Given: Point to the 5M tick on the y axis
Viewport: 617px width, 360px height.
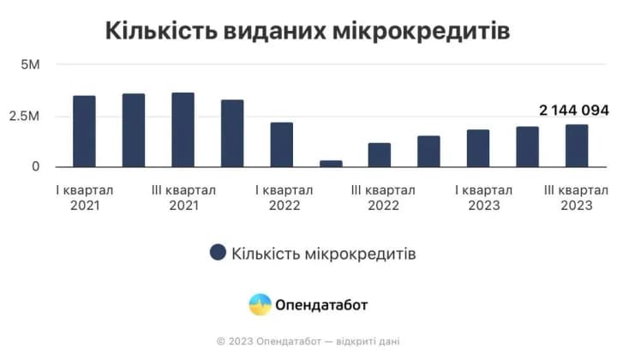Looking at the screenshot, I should click(x=30, y=64).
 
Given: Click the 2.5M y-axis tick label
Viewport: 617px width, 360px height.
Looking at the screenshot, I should click(x=25, y=116).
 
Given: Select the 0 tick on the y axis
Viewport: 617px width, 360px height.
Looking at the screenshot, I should click(x=36, y=166).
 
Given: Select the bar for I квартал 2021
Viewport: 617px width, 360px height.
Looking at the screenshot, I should click(x=84, y=131).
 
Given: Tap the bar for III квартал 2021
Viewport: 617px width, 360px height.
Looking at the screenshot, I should click(x=183, y=129).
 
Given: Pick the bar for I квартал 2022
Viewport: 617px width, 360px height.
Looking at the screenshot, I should click(x=282, y=145).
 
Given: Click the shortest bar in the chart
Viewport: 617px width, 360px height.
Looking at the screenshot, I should click(x=331, y=163).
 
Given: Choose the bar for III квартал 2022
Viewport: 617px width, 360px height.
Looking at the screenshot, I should click(x=380, y=155).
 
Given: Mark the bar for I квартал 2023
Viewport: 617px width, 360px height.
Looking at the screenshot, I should click(x=478, y=148).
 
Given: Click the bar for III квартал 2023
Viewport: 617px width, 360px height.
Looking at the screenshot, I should click(x=577, y=146).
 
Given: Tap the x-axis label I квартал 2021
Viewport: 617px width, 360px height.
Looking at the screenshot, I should click(x=84, y=197).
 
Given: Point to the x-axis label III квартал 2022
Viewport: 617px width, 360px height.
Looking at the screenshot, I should click(x=383, y=197).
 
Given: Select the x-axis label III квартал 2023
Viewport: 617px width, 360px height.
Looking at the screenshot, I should click(x=577, y=197).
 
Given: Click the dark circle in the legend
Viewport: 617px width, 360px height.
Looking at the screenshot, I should click(x=218, y=252).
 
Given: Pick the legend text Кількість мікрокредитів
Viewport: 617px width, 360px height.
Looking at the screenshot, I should click(x=324, y=253).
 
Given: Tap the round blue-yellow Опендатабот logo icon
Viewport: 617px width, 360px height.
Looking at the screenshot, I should click(x=260, y=304).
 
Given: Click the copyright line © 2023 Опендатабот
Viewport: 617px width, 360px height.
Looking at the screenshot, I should click(x=308, y=341).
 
